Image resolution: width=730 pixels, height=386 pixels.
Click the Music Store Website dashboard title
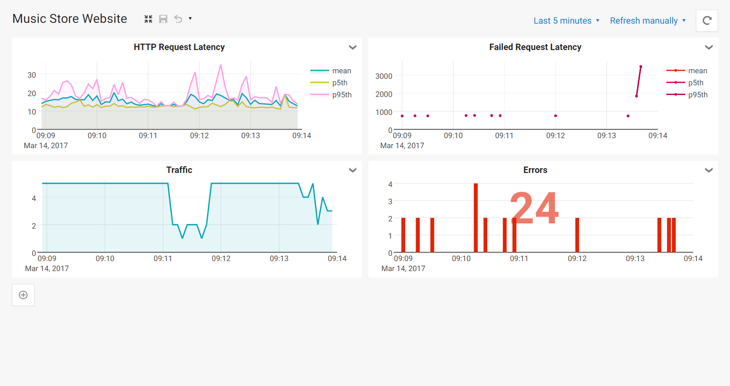pos(70,19)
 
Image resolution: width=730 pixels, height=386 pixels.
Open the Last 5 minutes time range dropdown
pos(566,21)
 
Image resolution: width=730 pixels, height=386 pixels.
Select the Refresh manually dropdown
pos(647,21)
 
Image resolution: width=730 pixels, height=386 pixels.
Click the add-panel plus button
pos(23,295)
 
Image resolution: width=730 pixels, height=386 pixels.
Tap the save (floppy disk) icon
pos(163,19)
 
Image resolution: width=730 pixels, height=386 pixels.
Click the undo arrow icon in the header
pos(178,19)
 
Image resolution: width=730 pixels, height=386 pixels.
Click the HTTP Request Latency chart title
pos(179,47)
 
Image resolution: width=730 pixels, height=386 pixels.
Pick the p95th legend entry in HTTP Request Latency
pos(342,95)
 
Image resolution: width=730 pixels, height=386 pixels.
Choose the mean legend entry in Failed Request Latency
pos(697,71)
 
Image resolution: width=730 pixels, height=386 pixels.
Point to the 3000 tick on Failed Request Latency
pos(384,76)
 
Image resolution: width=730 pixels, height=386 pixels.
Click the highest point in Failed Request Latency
pos(641,66)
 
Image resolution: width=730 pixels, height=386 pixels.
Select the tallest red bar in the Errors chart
pos(476,218)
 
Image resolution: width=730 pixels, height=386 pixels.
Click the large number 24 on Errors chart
pos(534,208)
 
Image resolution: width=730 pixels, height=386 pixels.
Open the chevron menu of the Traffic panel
pos(352,170)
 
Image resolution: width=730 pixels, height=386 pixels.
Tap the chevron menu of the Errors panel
pos(708,170)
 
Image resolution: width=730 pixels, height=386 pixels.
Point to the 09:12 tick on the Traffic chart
pos(221,259)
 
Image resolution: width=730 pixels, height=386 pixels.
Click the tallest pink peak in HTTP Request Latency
pos(221,65)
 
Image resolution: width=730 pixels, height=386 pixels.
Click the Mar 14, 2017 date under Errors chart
pos(403,269)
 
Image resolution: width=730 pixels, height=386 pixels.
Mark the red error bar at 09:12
pos(577,235)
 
